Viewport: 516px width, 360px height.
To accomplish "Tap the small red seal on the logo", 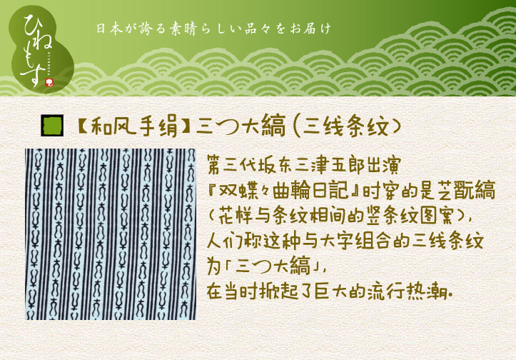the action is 50,83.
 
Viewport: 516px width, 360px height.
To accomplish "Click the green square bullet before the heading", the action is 52,126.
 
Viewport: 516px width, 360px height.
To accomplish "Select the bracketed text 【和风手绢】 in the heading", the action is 134,126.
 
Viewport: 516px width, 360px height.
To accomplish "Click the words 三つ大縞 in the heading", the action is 241,126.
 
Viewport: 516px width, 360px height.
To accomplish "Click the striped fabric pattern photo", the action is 111,234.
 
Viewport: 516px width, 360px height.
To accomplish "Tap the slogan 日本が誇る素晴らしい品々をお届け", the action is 213,29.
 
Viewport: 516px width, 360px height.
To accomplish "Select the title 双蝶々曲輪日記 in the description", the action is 283,191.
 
